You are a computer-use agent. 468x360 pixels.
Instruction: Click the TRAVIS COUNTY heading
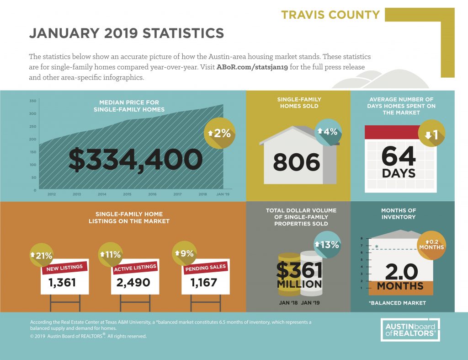330,15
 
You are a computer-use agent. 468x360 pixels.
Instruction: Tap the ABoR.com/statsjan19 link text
252,67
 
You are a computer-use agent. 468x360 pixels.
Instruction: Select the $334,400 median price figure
136,160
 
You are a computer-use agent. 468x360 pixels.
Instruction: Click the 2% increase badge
219,133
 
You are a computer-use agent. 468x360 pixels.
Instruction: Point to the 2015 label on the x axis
127,194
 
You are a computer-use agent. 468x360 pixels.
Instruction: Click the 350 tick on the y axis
33,101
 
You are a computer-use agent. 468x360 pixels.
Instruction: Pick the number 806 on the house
296,162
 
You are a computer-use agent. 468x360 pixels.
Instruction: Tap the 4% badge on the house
328,132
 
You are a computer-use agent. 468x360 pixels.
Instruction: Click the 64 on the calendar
399,156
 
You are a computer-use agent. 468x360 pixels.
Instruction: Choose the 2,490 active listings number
133,282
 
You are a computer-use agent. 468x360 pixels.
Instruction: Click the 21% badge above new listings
42,255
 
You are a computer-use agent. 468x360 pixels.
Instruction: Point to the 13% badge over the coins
327,245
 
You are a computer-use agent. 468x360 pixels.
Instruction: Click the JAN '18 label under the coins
288,303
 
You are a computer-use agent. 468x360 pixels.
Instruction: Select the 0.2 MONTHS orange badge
431,245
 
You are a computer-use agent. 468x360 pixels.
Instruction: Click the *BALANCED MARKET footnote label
397,303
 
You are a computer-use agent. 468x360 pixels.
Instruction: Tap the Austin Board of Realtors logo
410,330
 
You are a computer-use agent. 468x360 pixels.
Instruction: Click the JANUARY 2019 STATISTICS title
127,33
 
